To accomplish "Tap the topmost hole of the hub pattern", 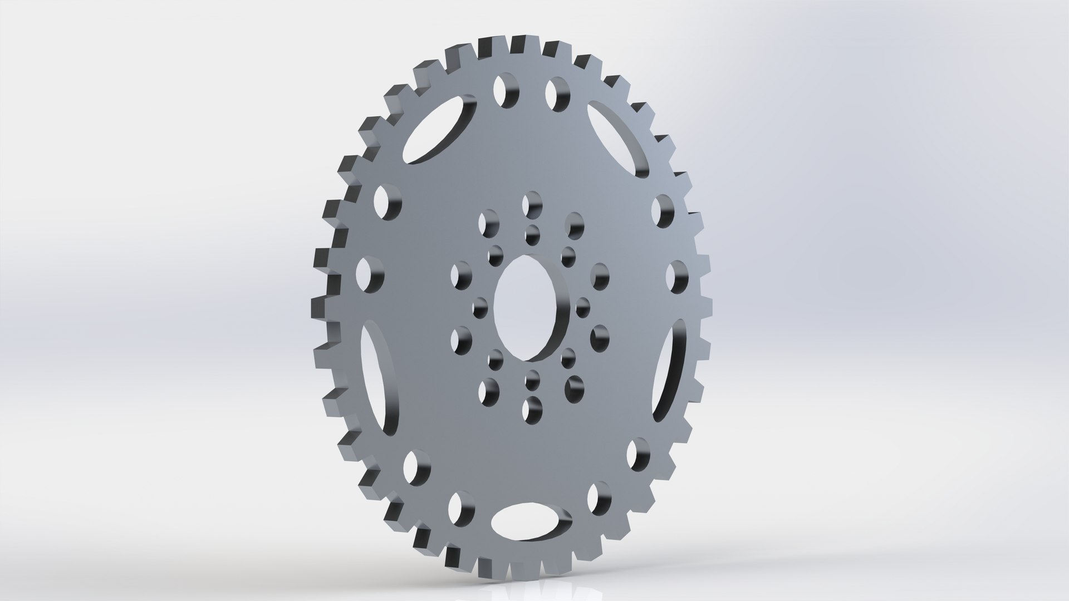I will pos(532,204).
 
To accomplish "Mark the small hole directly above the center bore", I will pos(532,233).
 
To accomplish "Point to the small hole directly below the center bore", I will pos(532,380).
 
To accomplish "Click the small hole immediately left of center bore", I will pos(478,307).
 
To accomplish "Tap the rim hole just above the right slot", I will pos(676,277).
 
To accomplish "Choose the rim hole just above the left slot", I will pos(369,272).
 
